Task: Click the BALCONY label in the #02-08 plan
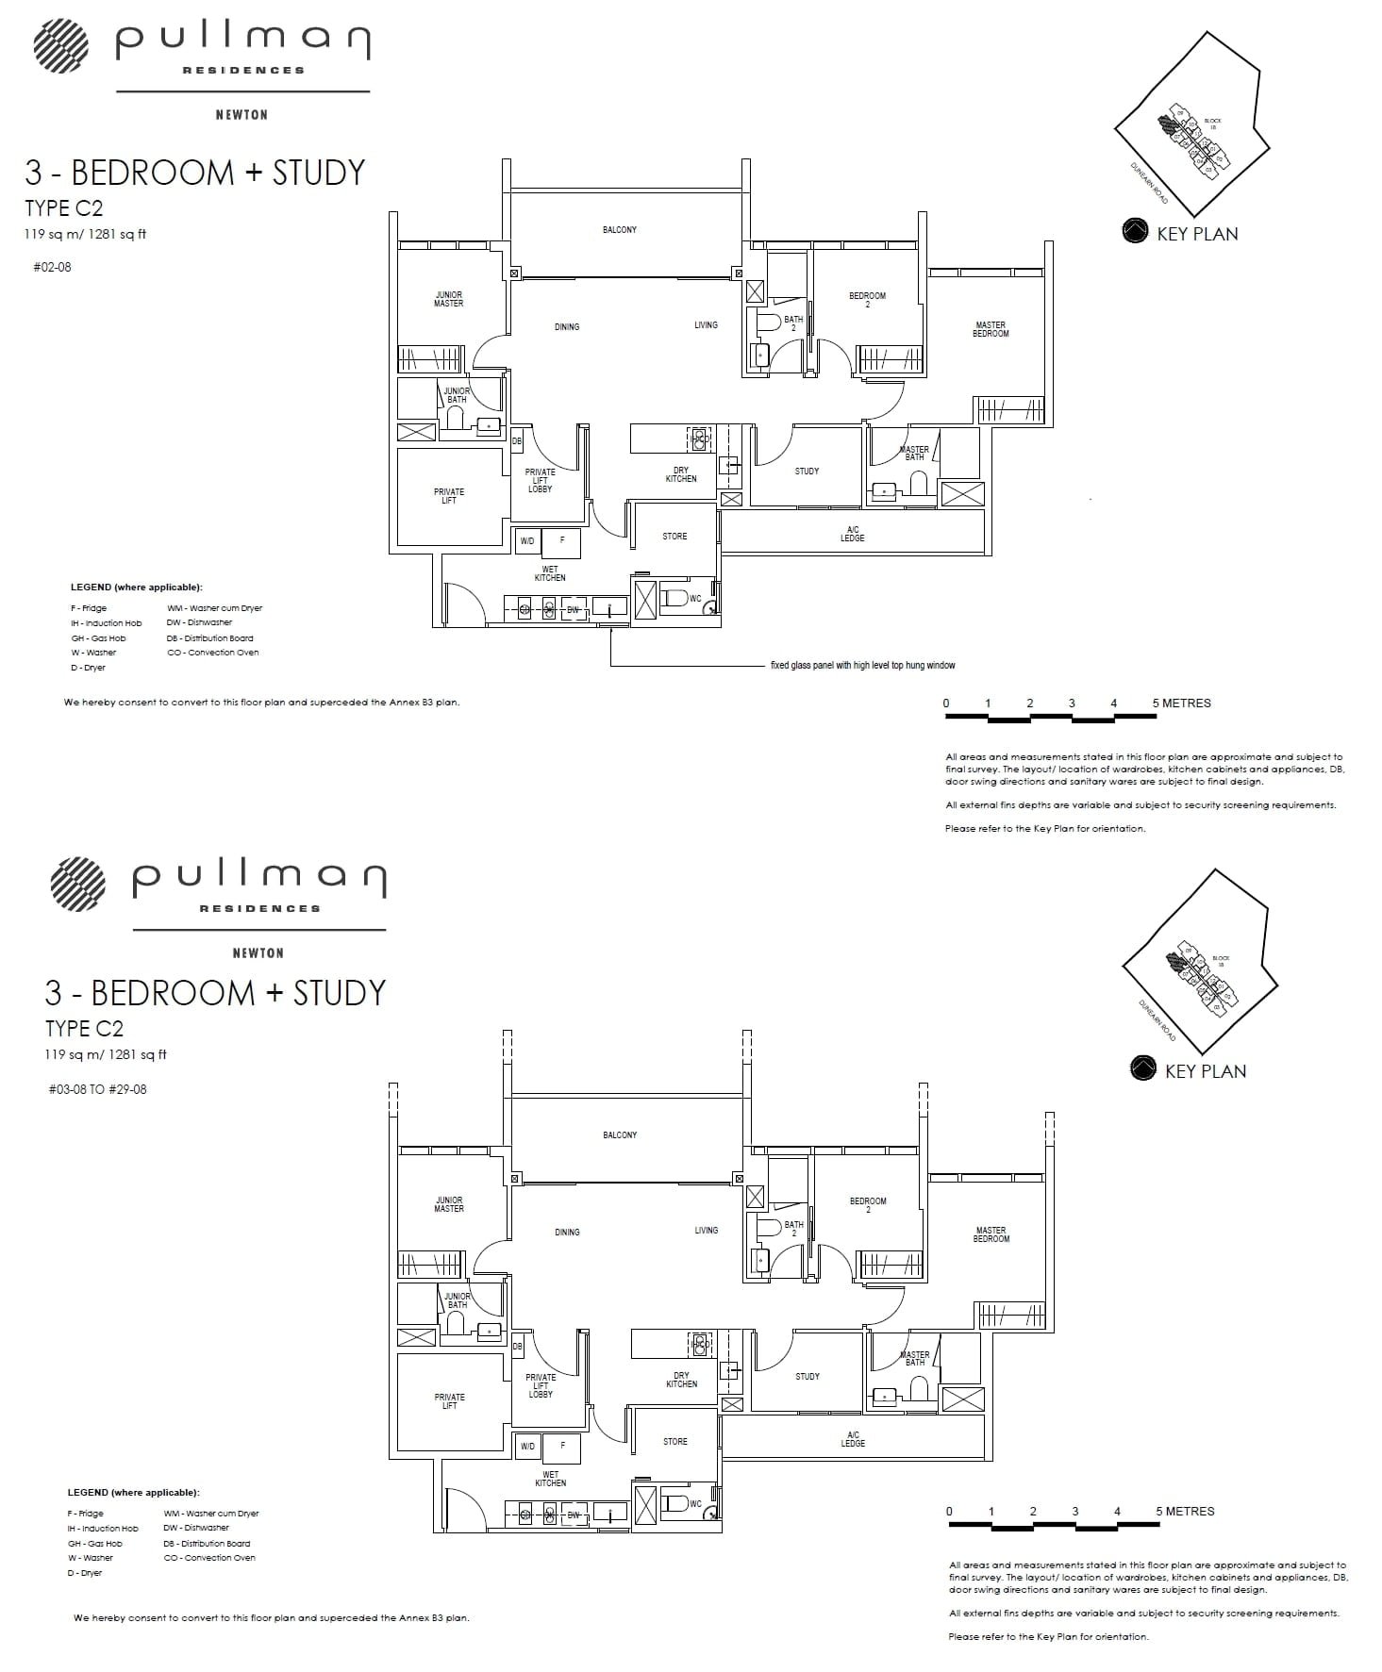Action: point(620,230)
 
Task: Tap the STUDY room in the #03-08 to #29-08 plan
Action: point(808,1377)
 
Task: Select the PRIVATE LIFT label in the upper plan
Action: point(449,496)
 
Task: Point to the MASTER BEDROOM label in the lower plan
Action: point(991,1233)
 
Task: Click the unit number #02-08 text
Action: point(52,267)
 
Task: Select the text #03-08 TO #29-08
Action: point(98,1089)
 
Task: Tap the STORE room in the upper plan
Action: point(674,537)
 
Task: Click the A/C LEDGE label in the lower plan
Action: point(853,1439)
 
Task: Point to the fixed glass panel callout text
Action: point(862,666)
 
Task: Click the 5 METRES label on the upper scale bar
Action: point(1181,704)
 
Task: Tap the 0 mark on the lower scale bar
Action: point(949,1511)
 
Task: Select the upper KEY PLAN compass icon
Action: point(1135,232)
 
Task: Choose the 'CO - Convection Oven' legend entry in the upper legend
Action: point(212,653)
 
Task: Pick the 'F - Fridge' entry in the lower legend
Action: point(86,1514)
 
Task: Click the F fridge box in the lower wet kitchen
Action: point(562,1446)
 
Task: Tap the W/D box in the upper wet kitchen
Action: point(527,541)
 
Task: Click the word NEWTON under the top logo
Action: point(242,115)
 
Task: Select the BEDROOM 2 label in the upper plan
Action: point(867,300)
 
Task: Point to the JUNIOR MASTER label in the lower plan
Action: point(449,1204)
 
